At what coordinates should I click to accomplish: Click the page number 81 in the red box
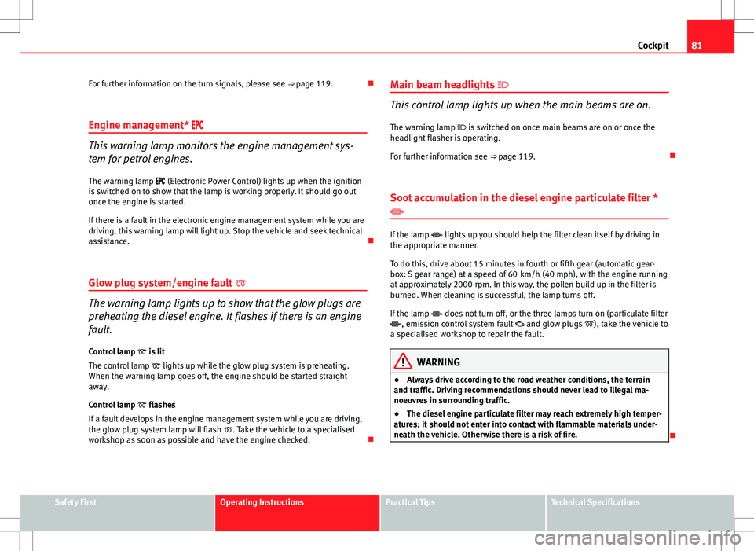(x=721, y=45)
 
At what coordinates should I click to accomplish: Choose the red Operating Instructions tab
(x=262, y=502)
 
